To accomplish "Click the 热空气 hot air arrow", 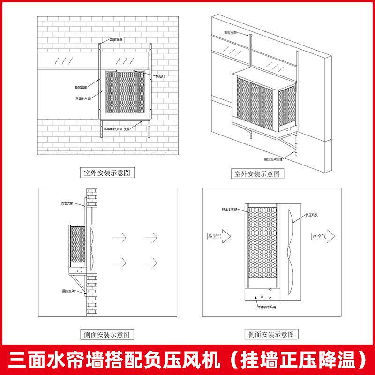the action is tap(218, 237).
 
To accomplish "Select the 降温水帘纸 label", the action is tap(230, 209).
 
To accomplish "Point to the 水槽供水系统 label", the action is tap(266, 307).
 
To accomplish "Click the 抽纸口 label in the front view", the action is tap(160, 76).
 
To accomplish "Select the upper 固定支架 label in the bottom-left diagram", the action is tap(67, 203).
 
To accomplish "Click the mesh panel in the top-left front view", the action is tap(125, 92).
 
